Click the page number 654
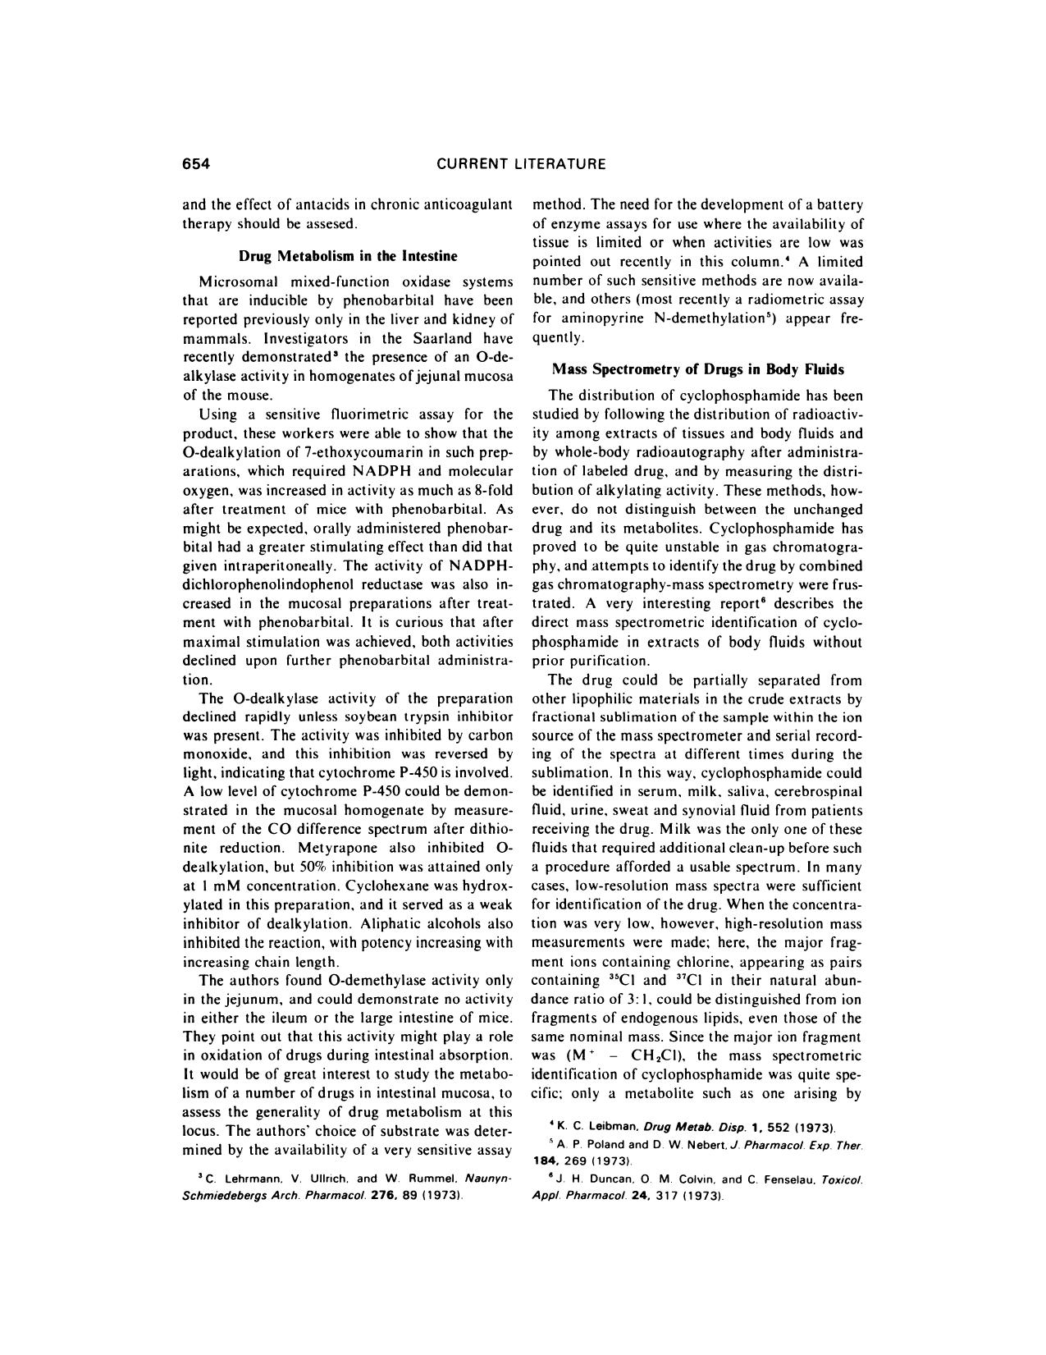pyautogui.click(x=197, y=163)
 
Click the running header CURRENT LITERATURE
pyautogui.click(x=521, y=163)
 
